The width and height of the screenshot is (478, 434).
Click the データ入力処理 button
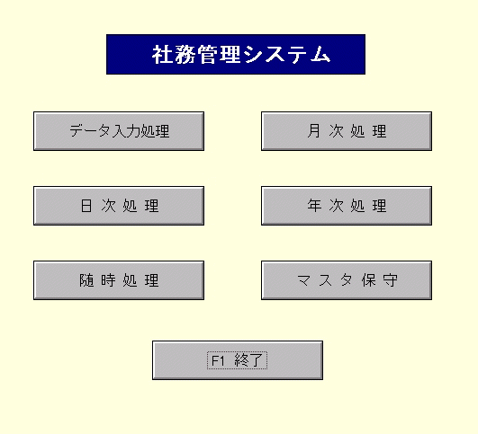click(x=119, y=131)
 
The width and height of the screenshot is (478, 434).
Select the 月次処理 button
click(x=347, y=131)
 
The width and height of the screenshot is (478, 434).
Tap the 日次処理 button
click(x=119, y=206)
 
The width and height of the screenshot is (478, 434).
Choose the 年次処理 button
click(x=347, y=206)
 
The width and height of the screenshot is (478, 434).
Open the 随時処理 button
click(x=119, y=280)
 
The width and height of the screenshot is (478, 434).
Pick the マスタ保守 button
click(x=347, y=280)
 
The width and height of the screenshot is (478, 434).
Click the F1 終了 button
click(x=238, y=360)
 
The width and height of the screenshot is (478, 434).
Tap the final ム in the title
click(x=320, y=55)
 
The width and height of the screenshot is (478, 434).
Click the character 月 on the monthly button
click(x=314, y=131)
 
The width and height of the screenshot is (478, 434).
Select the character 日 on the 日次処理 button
click(x=86, y=206)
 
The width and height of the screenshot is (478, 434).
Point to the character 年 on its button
click(x=314, y=206)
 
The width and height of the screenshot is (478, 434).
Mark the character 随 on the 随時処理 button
click(x=86, y=280)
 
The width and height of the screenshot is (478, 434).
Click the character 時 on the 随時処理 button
click(x=108, y=280)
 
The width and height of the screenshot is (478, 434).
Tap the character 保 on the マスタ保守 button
click(x=368, y=280)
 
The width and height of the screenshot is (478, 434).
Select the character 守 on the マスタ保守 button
click(x=391, y=280)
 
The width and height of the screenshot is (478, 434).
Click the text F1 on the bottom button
click(x=218, y=361)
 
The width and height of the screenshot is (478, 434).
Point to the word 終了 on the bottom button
click(x=248, y=360)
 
